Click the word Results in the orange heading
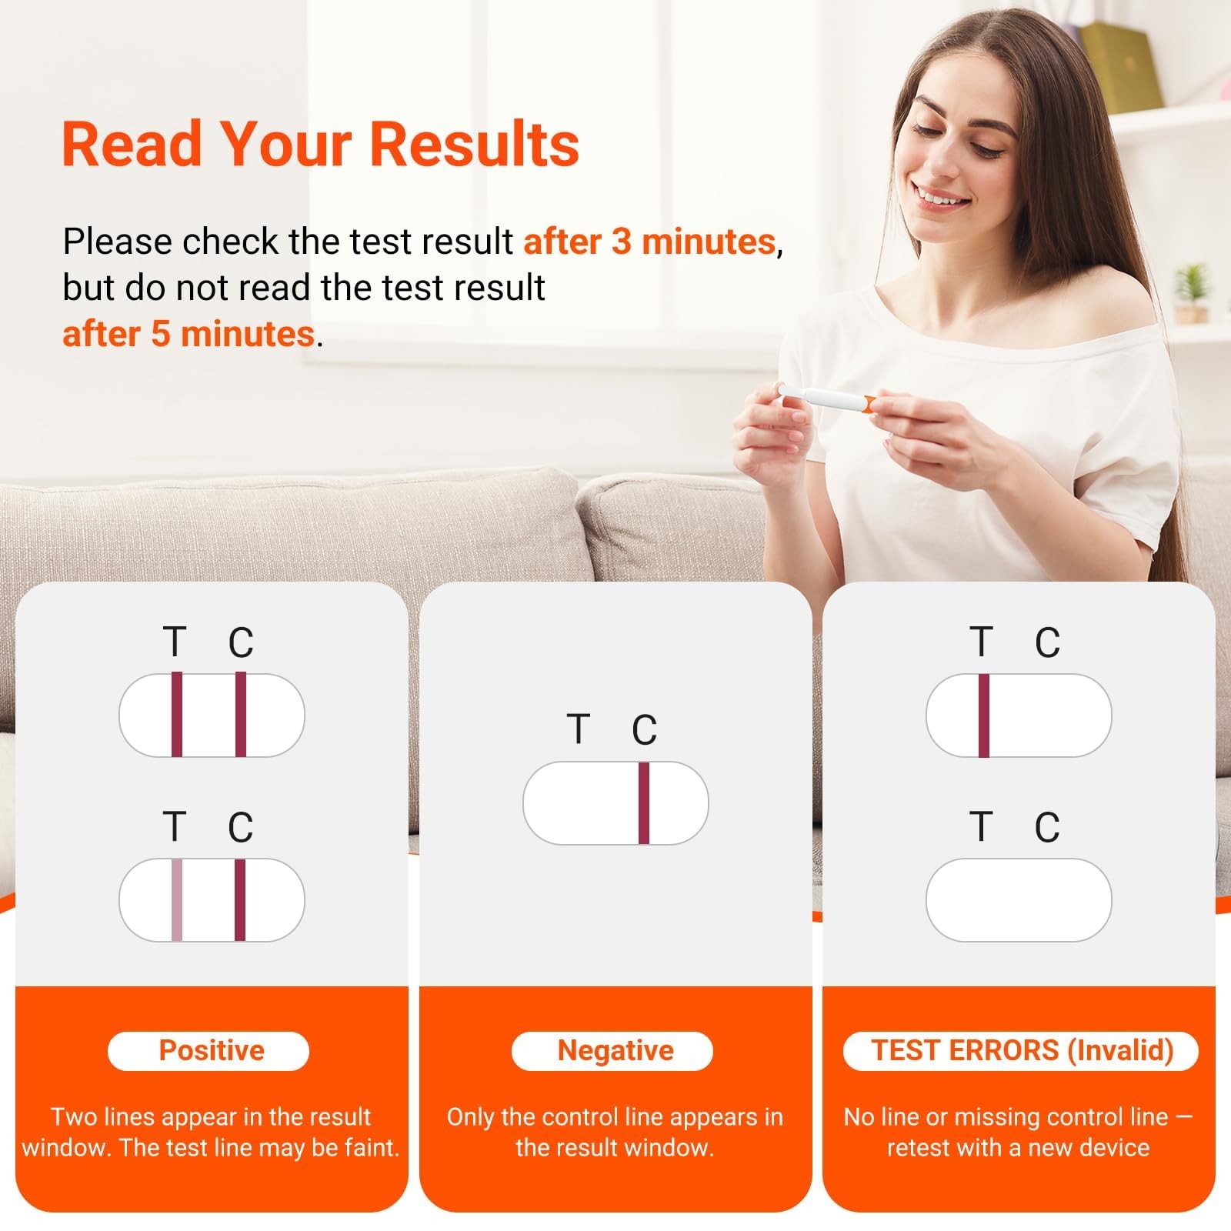(x=475, y=144)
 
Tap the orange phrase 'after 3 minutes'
(x=649, y=242)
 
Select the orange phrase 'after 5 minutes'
(x=188, y=334)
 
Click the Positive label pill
(x=209, y=1051)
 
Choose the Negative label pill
(x=612, y=1051)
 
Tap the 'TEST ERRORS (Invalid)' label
(x=1021, y=1051)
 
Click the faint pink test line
(x=176, y=899)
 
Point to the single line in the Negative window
(x=644, y=803)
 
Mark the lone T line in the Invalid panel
(x=983, y=716)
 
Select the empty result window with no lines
(x=1019, y=899)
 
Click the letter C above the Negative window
(x=644, y=730)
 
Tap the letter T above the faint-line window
(x=175, y=827)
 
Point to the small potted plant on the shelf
(x=1191, y=294)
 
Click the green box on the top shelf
(x=1119, y=65)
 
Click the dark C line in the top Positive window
(x=241, y=715)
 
